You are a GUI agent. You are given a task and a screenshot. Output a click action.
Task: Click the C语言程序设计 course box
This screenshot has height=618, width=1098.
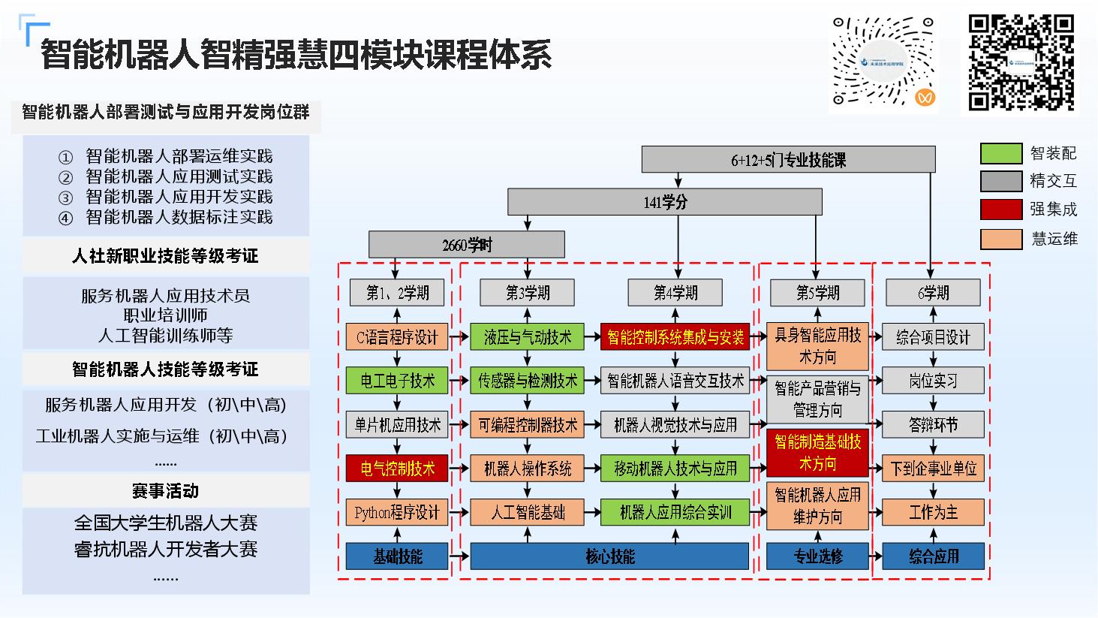pos(397,337)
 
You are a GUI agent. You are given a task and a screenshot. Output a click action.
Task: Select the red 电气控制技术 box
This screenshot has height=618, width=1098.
pos(397,469)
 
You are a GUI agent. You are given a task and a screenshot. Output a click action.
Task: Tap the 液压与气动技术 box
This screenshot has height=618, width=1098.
pos(528,337)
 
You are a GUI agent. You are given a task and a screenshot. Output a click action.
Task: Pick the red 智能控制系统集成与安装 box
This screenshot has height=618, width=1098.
pos(675,337)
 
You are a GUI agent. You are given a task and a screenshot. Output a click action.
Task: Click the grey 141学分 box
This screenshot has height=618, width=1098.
pos(665,202)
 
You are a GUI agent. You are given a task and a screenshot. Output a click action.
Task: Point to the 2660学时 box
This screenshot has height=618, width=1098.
pos(466,245)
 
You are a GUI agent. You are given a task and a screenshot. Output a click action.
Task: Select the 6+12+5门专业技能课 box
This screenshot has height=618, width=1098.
pos(788,160)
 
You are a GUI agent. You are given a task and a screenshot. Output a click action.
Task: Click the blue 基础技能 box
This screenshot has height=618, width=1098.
pos(397,556)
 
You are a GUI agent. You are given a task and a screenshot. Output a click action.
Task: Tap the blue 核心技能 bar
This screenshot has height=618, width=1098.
pos(609,556)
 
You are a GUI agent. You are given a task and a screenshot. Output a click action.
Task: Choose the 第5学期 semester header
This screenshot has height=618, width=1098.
pos(817,292)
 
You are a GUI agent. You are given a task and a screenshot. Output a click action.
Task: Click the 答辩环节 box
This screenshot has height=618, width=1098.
pos(933,424)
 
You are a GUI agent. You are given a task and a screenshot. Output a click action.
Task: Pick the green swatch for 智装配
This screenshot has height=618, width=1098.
pos(1000,153)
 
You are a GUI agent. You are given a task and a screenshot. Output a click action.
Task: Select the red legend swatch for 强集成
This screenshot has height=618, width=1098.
pos(1000,210)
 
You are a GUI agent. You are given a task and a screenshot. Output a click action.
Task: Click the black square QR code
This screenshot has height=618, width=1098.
pos(1021,63)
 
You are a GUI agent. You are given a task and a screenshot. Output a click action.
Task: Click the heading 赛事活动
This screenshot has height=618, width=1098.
pos(165,491)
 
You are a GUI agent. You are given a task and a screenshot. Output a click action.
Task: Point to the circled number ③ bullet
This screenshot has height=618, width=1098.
pos(66,197)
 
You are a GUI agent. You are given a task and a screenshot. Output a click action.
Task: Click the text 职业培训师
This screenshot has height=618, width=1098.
pos(165,315)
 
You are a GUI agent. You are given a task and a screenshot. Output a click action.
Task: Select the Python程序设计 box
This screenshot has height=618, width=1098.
pos(397,513)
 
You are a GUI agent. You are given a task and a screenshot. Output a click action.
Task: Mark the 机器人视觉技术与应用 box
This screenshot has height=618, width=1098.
pos(675,424)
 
